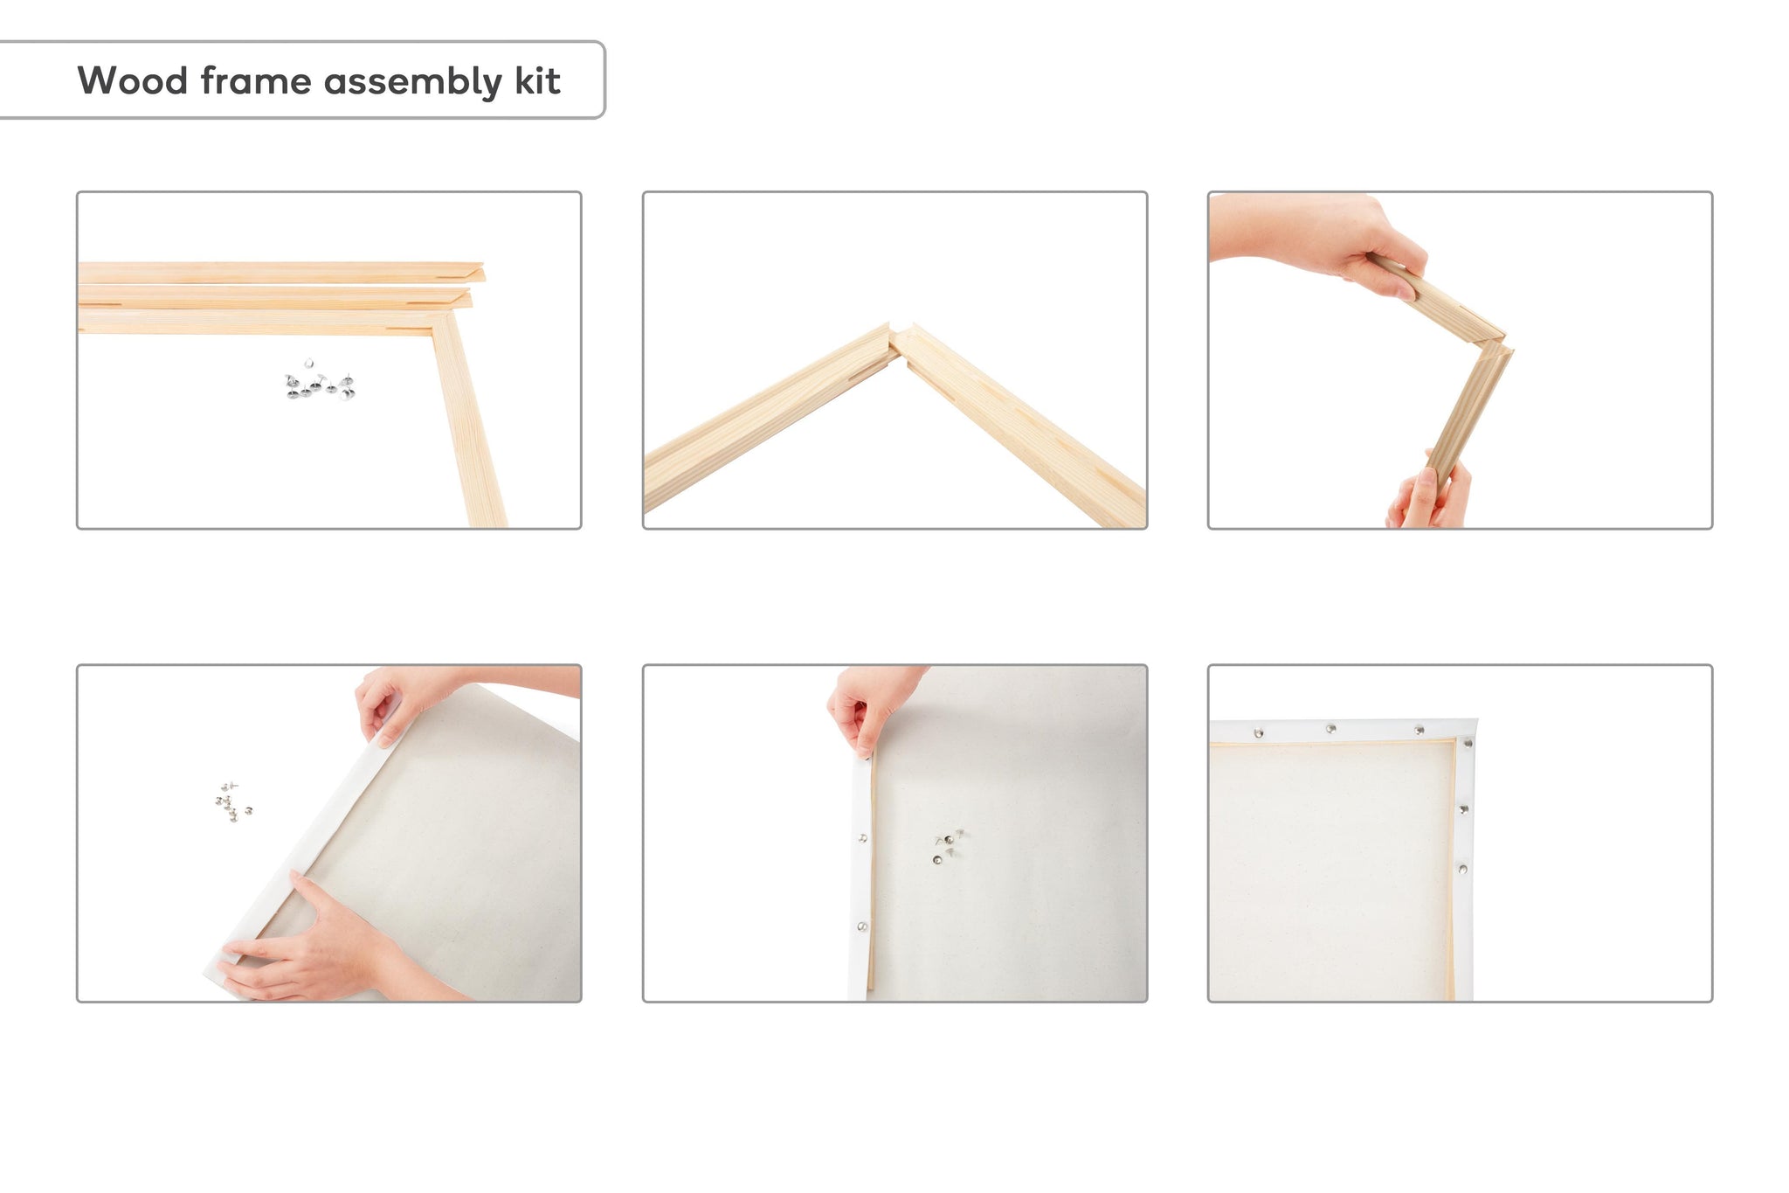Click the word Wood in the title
[133, 80]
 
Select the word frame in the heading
[256, 80]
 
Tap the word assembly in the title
[413, 82]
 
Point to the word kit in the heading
[537, 80]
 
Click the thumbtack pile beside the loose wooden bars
[320, 380]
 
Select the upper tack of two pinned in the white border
[863, 838]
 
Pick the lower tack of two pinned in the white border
[861, 926]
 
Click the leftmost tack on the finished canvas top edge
[1259, 732]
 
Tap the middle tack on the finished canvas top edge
[1330, 728]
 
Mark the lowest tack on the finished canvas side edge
[1462, 869]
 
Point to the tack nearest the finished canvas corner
[1466, 744]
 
